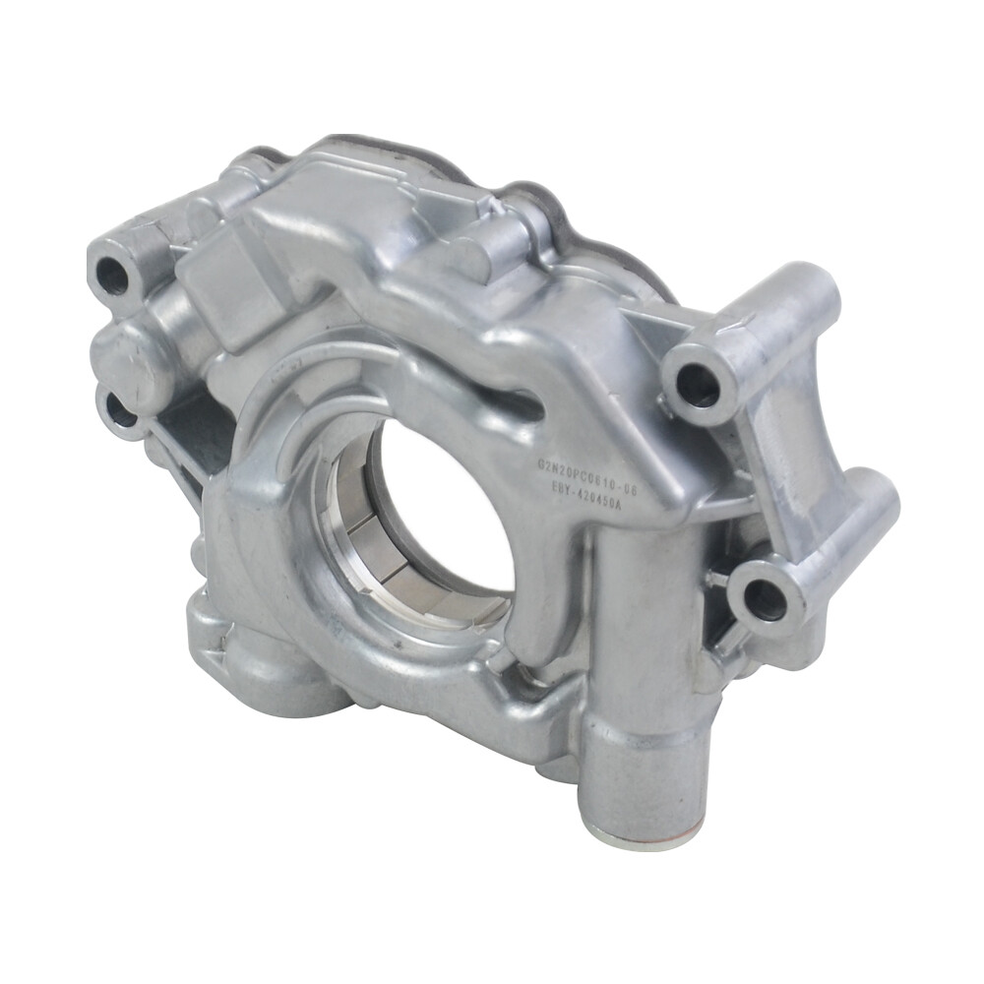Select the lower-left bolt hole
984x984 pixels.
(122, 413)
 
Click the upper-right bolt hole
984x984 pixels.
(698, 385)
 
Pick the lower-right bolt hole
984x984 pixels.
(764, 599)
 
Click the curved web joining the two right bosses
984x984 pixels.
(797, 433)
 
